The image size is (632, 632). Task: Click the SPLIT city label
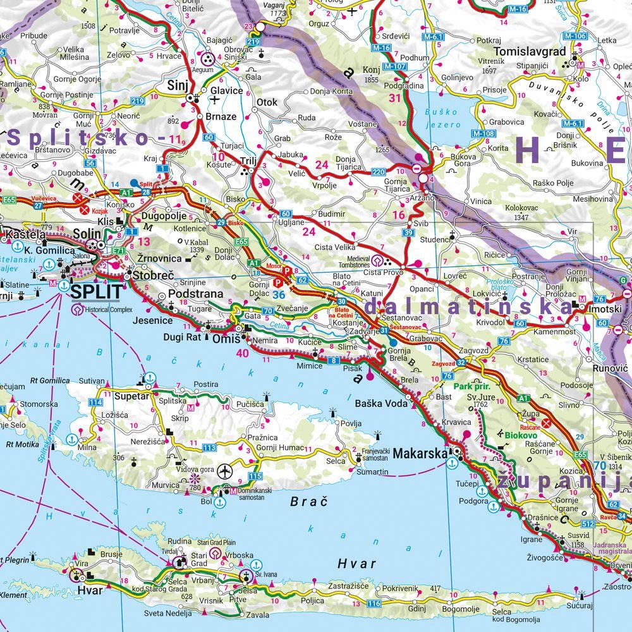pyautogui.click(x=97, y=292)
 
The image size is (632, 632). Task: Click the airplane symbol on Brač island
pyautogui.click(x=224, y=471)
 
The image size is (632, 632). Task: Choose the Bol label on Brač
pyautogui.click(x=206, y=502)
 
